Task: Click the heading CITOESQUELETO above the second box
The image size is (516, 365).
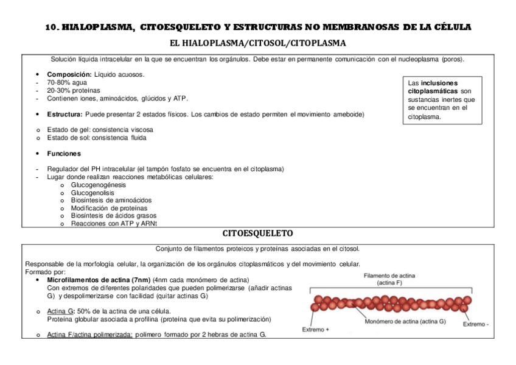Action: (x=258, y=233)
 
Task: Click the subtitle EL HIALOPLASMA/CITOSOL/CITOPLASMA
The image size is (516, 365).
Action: (x=258, y=43)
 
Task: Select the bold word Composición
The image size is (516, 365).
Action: (x=69, y=74)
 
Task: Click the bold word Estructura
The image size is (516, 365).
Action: (x=64, y=114)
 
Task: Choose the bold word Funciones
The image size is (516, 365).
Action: (x=64, y=154)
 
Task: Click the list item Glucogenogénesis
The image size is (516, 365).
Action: (x=99, y=185)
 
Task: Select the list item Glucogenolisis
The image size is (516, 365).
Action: (x=92, y=193)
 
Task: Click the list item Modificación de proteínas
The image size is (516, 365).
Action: (x=110, y=208)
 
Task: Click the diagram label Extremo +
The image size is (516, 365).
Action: (x=316, y=330)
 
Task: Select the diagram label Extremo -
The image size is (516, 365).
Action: (x=476, y=324)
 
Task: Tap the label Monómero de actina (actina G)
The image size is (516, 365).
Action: (x=405, y=321)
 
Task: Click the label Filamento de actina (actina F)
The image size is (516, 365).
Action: (x=389, y=279)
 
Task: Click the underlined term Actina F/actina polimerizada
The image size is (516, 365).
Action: (x=89, y=335)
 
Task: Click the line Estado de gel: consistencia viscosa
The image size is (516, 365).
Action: (x=100, y=130)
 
